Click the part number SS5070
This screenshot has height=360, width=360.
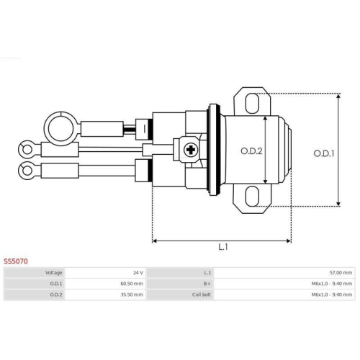coord(16,261)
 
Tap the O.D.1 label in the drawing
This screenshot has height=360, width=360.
coord(324,153)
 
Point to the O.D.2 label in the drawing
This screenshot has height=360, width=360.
coord(251,151)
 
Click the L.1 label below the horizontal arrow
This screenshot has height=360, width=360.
coord(223,247)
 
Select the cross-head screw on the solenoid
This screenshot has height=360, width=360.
coord(191,150)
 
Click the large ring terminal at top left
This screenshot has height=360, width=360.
coord(61,129)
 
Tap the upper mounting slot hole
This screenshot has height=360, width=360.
coord(252,103)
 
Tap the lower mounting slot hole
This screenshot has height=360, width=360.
coord(252,196)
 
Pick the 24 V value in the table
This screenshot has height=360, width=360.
coord(138,273)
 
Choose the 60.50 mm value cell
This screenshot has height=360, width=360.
coord(132,284)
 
